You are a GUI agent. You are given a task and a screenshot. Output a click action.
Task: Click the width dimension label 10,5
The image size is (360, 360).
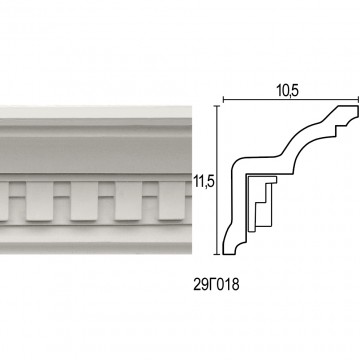(x=287, y=91)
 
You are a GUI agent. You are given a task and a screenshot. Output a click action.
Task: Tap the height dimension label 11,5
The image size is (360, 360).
(x=204, y=182)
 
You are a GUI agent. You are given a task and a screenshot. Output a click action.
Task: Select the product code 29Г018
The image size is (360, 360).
(x=216, y=285)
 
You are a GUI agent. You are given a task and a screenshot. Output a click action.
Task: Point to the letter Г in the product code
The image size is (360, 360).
(x=212, y=285)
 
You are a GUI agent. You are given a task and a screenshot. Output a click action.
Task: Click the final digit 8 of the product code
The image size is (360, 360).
(x=236, y=285)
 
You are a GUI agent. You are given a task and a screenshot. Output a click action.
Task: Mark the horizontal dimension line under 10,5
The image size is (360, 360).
(x=291, y=99)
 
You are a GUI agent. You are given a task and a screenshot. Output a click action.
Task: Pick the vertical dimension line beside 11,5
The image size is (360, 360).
(x=217, y=180)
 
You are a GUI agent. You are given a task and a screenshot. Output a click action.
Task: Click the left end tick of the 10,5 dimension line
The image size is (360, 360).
(x=223, y=99)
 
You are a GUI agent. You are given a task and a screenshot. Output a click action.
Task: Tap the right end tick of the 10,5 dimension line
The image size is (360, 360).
(x=358, y=99)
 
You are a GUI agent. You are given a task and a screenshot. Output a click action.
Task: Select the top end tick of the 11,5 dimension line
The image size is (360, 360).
(x=217, y=106)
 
